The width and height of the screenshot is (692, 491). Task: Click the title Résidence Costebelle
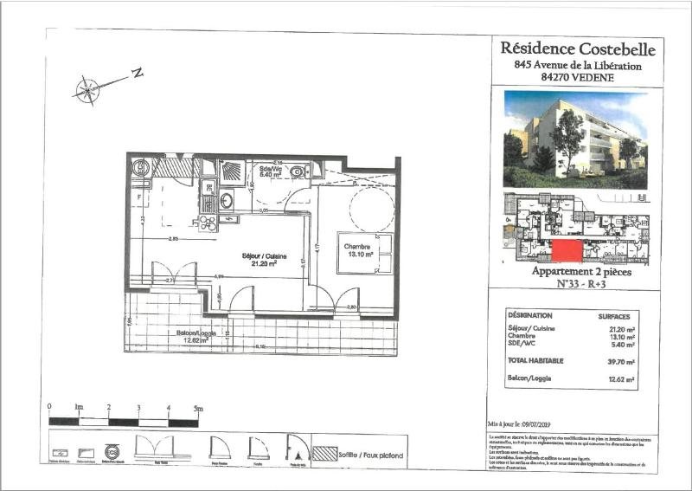(x=578, y=48)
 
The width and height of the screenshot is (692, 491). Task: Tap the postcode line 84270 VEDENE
(x=578, y=77)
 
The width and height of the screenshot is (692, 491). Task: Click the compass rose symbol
(x=87, y=89)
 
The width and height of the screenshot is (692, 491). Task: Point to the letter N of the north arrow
(x=137, y=74)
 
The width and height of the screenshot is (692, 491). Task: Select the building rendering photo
(x=575, y=139)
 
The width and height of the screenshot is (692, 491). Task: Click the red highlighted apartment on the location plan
(x=567, y=251)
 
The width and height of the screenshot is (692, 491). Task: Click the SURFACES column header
(x=619, y=316)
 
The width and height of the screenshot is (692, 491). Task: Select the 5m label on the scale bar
(x=198, y=407)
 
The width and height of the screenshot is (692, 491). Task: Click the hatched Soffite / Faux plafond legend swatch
(x=325, y=453)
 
